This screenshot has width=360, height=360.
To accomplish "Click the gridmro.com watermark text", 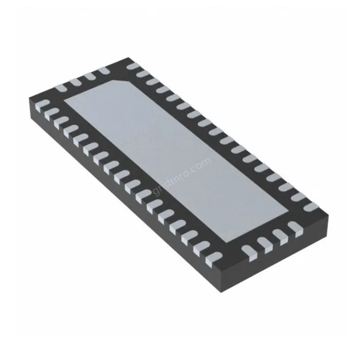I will point(180,175).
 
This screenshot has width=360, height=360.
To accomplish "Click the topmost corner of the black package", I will point(125,58).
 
